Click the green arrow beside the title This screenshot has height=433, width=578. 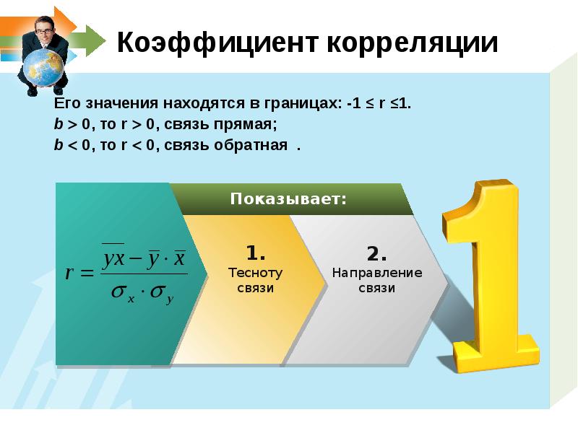(91, 40)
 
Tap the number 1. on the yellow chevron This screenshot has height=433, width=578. (256, 253)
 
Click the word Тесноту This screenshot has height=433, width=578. (255, 274)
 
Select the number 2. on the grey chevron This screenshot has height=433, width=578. (376, 253)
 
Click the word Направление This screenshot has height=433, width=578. (376, 274)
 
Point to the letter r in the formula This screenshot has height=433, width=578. (70, 274)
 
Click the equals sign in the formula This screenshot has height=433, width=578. (88, 274)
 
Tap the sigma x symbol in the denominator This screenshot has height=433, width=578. (122, 293)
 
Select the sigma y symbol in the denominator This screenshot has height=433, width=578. (162, 293)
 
